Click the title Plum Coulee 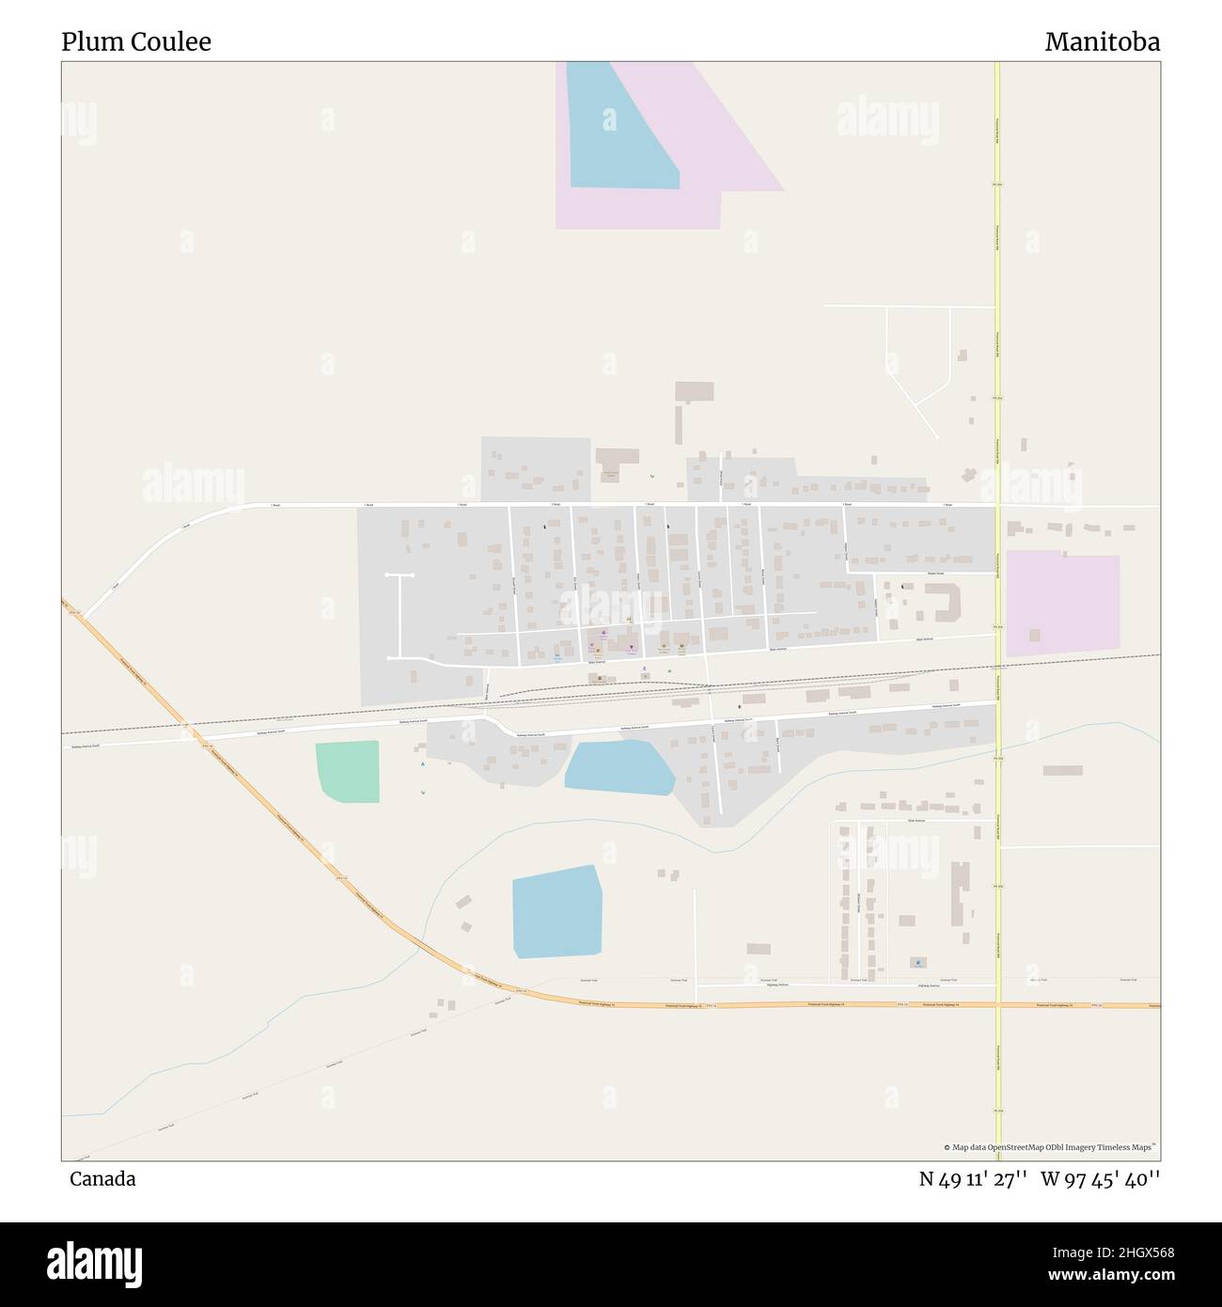click(136, 41)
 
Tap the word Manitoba click(1102, 41)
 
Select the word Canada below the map click(102, 1178)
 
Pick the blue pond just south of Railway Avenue click(619, 766)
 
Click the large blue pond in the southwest click(556, 910)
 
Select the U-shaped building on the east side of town click(942, 603)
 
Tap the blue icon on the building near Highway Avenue click(917, 963)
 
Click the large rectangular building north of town click(695, 391)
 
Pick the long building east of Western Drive click(960, 894)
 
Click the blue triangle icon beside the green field click(422, 764)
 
